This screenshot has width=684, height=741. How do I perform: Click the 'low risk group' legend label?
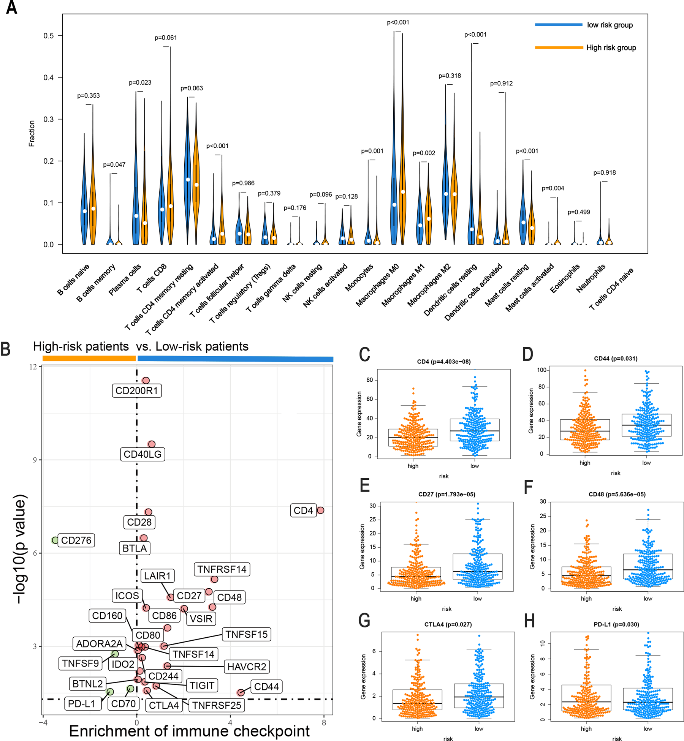pyautogui.click(x=610, y=25)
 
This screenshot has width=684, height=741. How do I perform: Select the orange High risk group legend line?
pyautogui.click(x=559, y=47)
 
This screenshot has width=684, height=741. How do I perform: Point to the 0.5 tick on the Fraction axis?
pyautogui.click(x=49, y=36)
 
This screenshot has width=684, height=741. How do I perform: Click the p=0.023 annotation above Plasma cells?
pyautogui.click(x=140, y=82)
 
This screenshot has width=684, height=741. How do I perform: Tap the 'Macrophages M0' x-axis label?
pyautogui.click(x=377, y=285)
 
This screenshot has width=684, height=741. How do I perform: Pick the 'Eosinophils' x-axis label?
pyautogui.click(x=565, y=278)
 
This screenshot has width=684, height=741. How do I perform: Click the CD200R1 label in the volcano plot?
pyautogui.click(x=136, y=390)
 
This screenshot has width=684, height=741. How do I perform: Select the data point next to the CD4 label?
pyautogui.click(x=320, y=510)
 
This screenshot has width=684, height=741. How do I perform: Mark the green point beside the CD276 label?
pyautogui.click(x=55, y=540)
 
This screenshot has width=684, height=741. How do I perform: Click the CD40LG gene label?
pyautogui.click(x=142, y=454)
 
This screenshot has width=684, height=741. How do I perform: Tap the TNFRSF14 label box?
pyautogui.click(x=222, y=569)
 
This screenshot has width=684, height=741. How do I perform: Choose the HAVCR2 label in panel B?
pyautogui.click(x=247, y=667)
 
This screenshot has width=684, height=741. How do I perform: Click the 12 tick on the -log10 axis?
pyautogui.click(x=34, y=367)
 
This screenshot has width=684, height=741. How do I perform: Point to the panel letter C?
pyautogui.click(x=364, y=354)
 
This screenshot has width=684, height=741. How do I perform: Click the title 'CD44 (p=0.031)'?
pyautogui.click(x=616, y=358)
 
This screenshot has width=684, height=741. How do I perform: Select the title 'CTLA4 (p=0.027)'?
pyautogui.click(x=448, y=624)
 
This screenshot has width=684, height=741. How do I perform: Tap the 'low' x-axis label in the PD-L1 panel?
pyautogui.click(x=648, y=728)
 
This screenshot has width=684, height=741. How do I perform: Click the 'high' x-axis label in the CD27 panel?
pyautogui.click(x=416, y=599)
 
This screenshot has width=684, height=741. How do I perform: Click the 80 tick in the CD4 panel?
pyautogui.click(x=369, y=380)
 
